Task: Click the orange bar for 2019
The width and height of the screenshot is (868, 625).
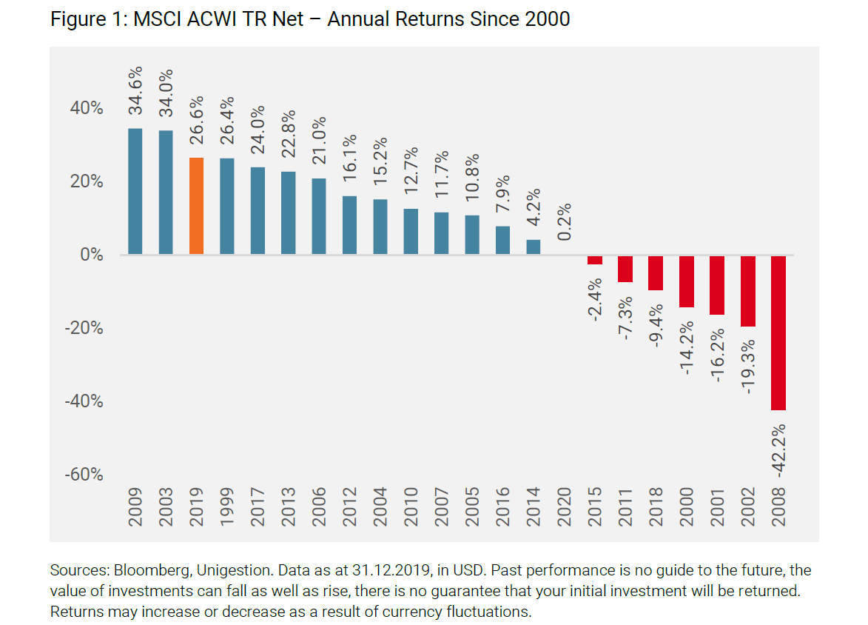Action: pos(197,206)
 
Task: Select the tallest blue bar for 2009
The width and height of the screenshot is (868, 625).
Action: pos(135,192)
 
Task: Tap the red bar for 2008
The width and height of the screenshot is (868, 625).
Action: pos(778,332)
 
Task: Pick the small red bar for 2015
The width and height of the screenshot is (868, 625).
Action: pos(595,260)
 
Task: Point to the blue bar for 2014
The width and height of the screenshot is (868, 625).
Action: pos(534,247)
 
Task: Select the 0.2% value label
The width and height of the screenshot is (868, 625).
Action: pos(565,221)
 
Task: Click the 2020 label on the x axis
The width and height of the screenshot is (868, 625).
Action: pos(565,507)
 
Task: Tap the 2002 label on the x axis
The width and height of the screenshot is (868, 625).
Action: pos(748,507)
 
